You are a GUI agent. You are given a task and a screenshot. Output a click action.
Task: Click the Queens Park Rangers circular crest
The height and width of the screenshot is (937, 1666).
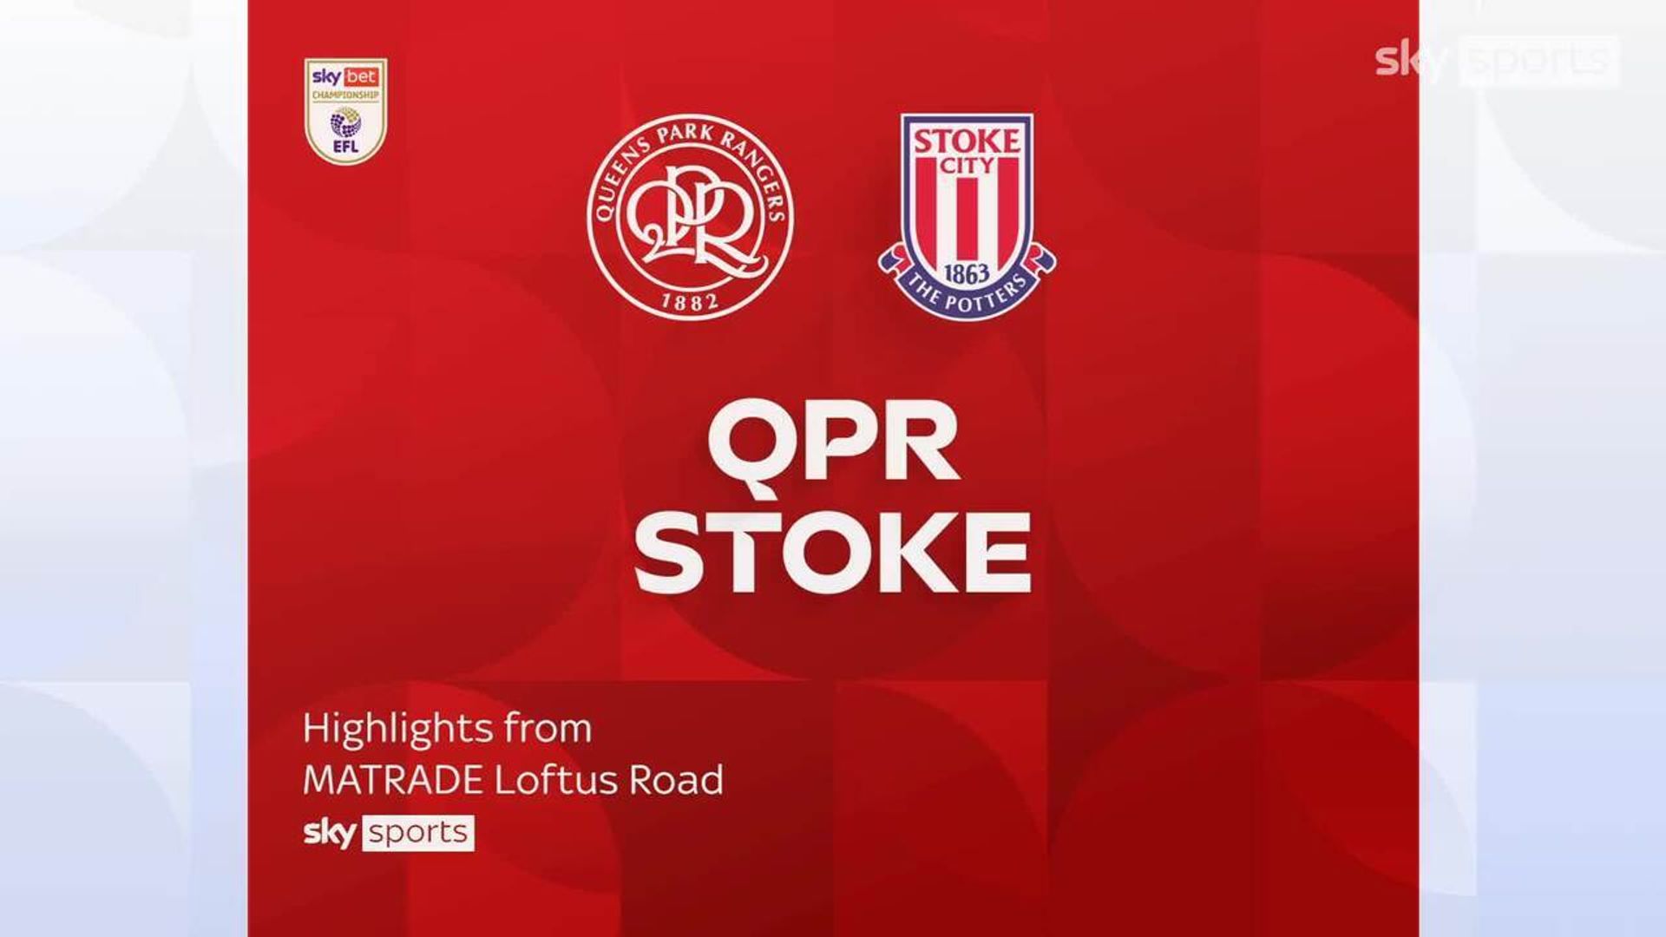[691, 217]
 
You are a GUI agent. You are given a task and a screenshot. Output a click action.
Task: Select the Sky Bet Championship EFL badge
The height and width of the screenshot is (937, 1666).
[345, 111]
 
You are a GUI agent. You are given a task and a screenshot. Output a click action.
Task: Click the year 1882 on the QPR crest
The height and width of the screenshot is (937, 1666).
[691, 301]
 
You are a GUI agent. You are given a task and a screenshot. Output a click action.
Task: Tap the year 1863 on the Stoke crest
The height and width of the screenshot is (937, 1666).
[967, 274]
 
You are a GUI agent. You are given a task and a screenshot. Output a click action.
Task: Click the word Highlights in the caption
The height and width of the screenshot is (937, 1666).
[388, 730]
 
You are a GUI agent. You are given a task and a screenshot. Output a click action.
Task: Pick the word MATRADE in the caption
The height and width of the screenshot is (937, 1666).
[394, 781]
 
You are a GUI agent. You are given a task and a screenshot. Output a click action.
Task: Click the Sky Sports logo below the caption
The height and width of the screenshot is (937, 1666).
[389, 833]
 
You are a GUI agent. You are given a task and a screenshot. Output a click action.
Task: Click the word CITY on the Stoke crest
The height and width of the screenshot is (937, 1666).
[967, 164]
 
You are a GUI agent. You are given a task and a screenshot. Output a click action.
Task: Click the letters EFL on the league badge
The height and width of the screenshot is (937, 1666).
[345, 147]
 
